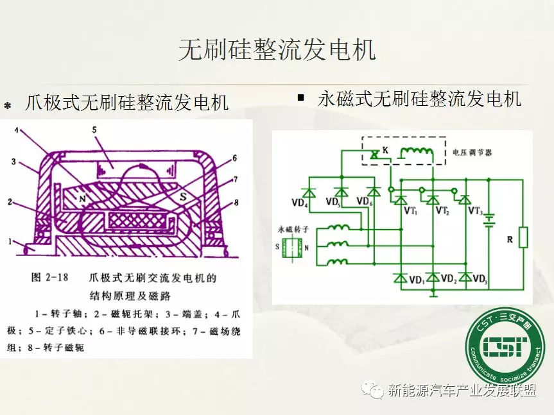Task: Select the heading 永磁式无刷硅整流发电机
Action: pos(419,99)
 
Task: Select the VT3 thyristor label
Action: pos(476,211)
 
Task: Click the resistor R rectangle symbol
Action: pos(523,237)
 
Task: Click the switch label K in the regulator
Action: pos(385,151)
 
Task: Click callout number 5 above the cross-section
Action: pos(94,130)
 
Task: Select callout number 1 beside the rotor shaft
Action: pos(10,242)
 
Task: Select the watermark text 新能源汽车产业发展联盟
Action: pos(461,391)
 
